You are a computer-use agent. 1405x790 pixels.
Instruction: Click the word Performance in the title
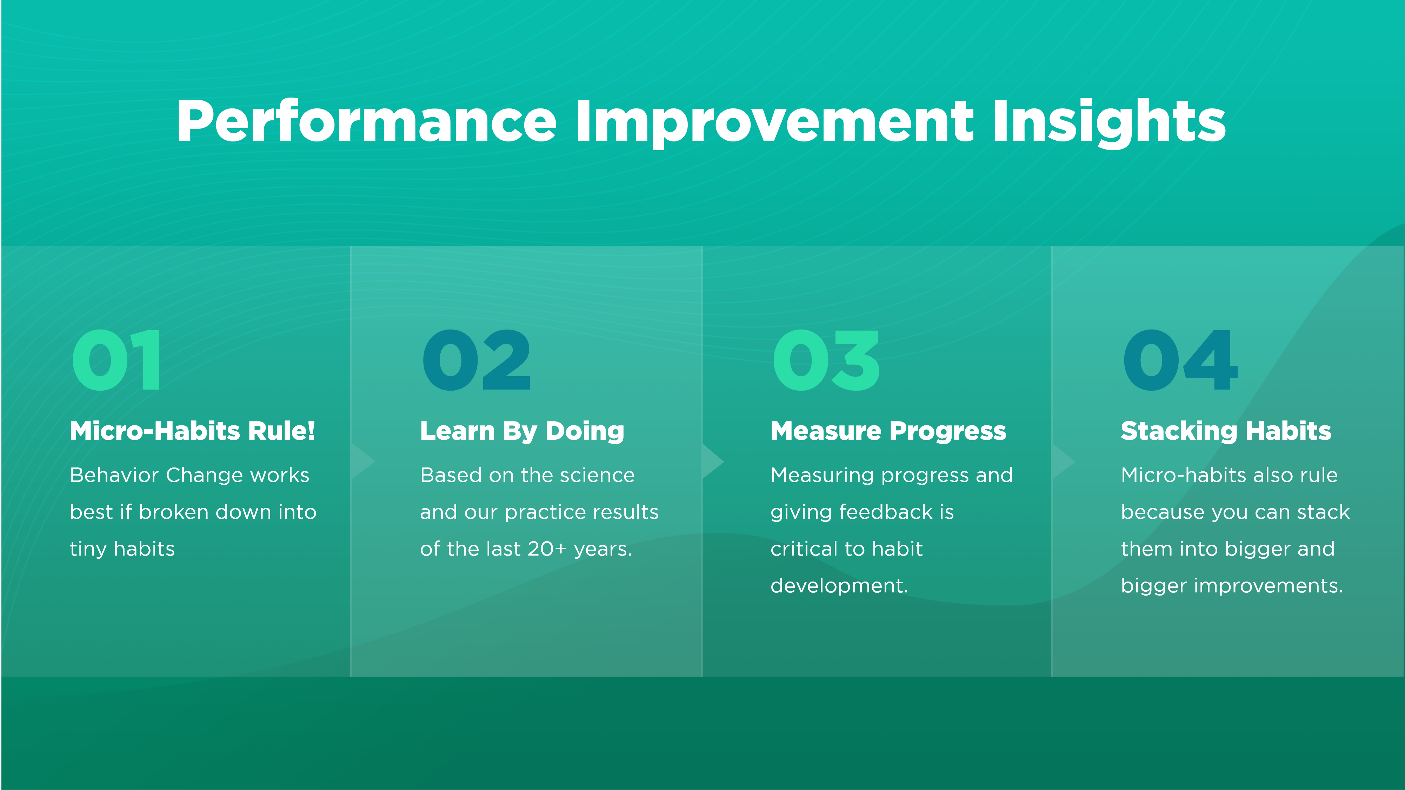point(367,121)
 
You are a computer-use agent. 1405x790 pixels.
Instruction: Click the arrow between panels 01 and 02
point(362,462)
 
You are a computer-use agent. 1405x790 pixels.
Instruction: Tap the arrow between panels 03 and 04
point(1063,462)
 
